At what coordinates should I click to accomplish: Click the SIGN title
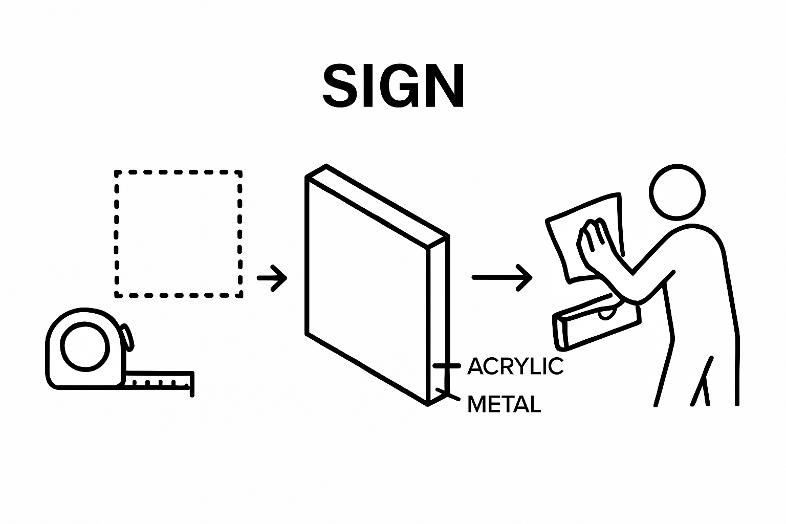(x=394, y=86)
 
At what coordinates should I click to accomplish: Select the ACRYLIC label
(x=515, y=366)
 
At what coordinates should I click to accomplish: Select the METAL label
(x=505, y=405)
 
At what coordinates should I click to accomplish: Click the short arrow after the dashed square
(x=272, y=278)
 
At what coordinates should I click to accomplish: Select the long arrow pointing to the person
(x=501, y=278)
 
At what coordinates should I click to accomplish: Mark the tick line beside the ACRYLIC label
(x=447, y=366)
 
